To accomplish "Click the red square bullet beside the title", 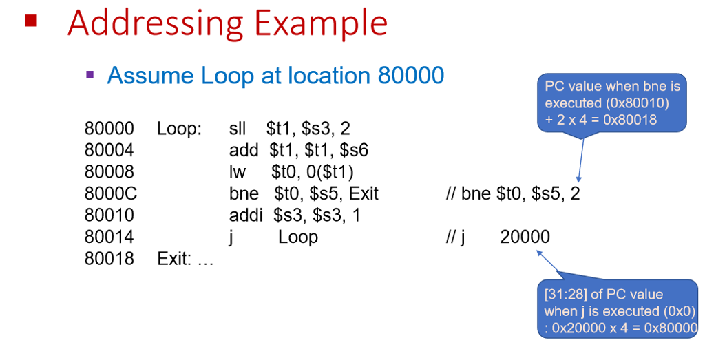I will pyautogui.click(x=30, y=20).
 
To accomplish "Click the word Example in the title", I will pyautogui.click(x=321, y=23).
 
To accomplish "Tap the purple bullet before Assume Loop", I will pyautogui.click(x=90, y=73).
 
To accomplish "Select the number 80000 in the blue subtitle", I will pyautogui.click(x=411, y=75).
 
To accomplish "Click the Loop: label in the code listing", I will pyautogui.click(x=180, y=129).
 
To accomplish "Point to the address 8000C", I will pyautogui.click(x=111, y=194).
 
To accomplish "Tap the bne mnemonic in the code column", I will pyautogui.click(x=244, y=194).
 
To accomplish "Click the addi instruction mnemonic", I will pyautogui.click(x=246, y=215).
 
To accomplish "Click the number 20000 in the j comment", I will pyautogui.click(x=525, y=237).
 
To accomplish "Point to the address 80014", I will pyautogui.click(x=109, y=237).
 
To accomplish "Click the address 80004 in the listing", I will pyautogui.click(x=109, y=150).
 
